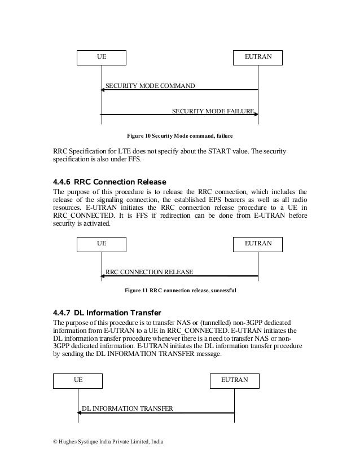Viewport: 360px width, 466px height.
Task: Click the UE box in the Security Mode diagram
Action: tap(102, 57)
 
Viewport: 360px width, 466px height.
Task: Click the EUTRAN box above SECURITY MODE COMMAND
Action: tap(258, 57)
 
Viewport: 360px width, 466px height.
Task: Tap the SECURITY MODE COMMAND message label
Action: tap(150, 86)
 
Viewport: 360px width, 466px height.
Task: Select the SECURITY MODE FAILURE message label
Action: tap(213, 111)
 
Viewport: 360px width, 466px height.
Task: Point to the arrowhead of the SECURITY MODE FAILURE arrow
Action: tap(256, 115)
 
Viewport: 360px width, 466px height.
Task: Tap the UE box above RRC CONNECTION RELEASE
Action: tap(102, 244)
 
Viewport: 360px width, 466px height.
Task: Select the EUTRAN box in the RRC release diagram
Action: tap(258, 244)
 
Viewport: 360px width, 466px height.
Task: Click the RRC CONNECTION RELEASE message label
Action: tap(150, 272)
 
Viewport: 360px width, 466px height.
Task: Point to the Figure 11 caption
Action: tap(180, 291)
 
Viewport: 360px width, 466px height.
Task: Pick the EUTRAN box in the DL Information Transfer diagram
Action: tap(234, 380)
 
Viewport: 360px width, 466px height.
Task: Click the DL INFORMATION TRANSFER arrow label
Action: tap(128, 408)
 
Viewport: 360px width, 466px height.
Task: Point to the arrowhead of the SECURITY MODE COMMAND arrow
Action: tap(103, 90)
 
